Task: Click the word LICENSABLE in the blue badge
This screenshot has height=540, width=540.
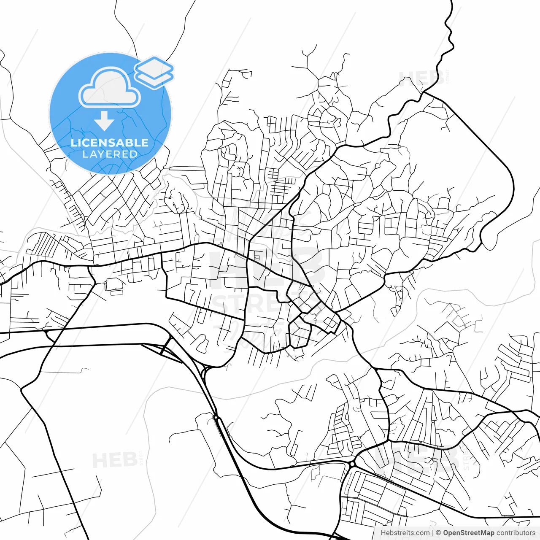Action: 110,143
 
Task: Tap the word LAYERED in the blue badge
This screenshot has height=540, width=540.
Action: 110,154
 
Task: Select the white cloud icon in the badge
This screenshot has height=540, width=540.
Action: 110,88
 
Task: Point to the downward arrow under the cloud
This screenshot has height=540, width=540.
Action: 104,121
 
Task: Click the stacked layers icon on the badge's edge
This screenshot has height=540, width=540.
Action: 154,72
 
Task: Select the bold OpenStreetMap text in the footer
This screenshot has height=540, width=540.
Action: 468,533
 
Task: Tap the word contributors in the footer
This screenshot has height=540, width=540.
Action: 516,533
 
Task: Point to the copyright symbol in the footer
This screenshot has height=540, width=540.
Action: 439,533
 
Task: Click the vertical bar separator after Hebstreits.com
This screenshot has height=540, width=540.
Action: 433,533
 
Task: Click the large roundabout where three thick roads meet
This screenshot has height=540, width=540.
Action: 352,464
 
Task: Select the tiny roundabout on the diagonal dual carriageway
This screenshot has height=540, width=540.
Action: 216,417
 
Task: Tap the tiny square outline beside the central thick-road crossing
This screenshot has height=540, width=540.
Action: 256,257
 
